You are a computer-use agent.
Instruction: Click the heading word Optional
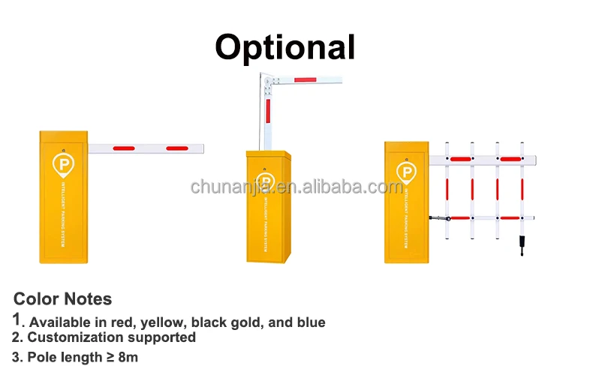point(285,47)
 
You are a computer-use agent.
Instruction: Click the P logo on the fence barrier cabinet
point(405,173)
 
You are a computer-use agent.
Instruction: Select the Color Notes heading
point(63,299)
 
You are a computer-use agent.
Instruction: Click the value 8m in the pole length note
point(127,356)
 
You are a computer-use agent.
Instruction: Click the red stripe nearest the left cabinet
point(124,148)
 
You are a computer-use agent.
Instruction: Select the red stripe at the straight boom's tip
point(179,148)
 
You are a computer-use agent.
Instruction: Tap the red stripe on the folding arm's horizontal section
point(306,79)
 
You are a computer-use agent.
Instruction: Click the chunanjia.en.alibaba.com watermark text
point(296,186)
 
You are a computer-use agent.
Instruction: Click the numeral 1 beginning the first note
point(17,320)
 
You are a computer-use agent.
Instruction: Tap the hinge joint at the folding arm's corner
point(266,79)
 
